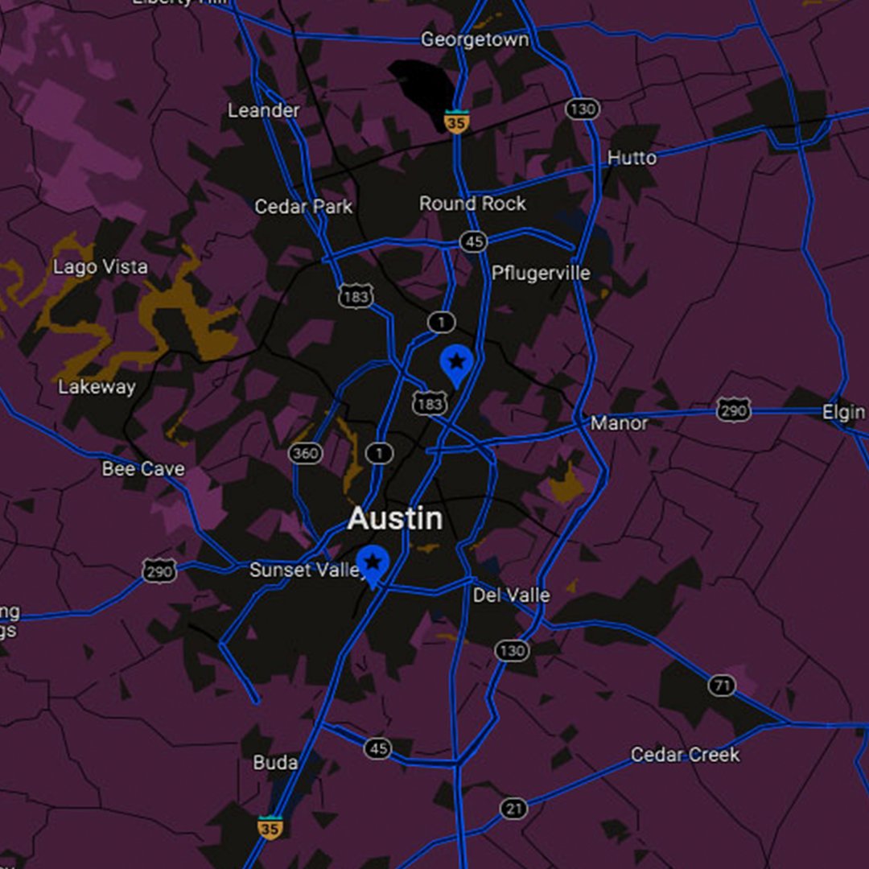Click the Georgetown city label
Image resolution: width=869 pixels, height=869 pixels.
(475, 39)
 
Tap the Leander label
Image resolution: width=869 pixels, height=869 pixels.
(263, 110)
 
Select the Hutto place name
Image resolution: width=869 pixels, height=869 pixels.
(632, 158)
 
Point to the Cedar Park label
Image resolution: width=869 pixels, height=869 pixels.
(303, 207)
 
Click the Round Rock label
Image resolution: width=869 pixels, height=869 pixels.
(472, 204)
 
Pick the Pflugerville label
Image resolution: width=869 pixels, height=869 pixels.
(541, 273)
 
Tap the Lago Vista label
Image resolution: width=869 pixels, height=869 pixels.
(101, 267)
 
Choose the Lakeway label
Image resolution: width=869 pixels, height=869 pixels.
(97, 387)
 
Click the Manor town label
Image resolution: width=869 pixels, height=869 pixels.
(619, 422)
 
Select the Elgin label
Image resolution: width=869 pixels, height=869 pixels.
(843, 413)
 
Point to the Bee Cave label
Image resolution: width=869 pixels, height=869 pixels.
(143, 468)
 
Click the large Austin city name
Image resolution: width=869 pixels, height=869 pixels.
(395, 519)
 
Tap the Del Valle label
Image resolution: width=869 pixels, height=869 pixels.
(511, 595)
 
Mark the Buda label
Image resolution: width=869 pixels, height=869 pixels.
(275, 762)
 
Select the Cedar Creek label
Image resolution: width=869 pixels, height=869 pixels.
(685, 755)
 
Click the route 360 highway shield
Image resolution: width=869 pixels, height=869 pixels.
(305, 453)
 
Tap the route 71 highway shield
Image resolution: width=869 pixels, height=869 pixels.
(722, 686)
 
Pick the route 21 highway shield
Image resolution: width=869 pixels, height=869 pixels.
(513, 809)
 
